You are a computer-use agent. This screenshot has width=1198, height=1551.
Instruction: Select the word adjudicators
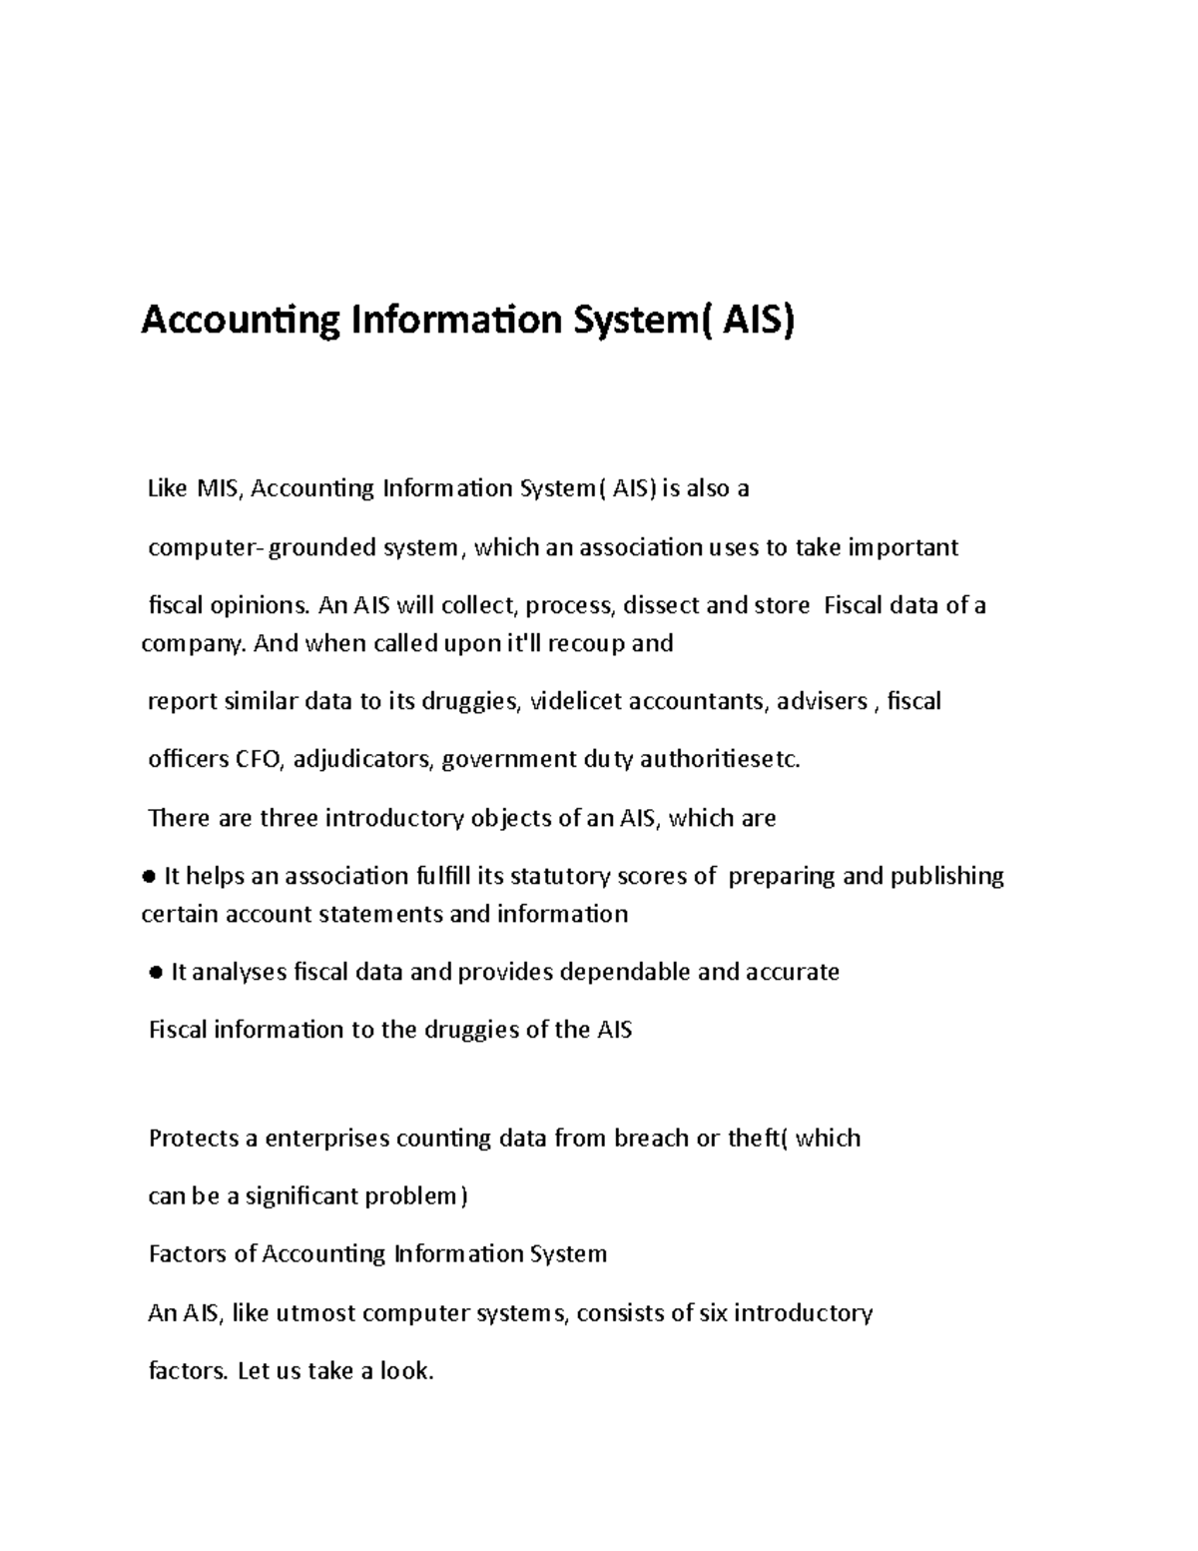click(x=363, y=760)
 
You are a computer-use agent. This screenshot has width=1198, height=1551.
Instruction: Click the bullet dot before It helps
click(x=149, y=877)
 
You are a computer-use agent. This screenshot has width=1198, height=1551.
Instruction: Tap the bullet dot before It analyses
click(x=155, y=973)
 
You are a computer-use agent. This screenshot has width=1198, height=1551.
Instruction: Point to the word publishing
click(x=946, y=876)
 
